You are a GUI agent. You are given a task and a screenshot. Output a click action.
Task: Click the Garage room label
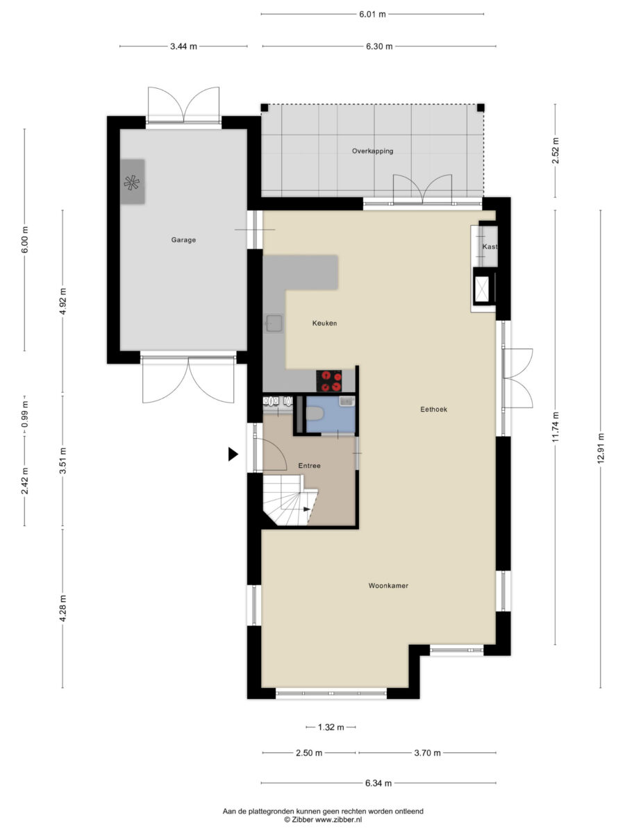click(183, 240)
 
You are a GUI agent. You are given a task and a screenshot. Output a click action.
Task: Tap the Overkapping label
click(372, 151)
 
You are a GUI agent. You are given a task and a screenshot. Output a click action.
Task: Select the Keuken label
click(324, 323)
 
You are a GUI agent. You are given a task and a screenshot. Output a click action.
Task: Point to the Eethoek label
click(434, 410)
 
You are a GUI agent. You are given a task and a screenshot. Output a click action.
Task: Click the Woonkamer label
click(388, 586)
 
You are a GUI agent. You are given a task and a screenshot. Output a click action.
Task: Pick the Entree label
click(309, 466)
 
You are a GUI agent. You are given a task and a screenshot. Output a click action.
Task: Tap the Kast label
click(490, 246)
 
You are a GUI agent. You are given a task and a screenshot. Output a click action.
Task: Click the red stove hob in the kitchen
click(329, 380)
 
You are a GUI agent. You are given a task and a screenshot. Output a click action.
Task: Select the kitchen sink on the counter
click(274, 323)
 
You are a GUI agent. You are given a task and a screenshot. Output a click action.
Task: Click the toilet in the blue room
click(314, 413)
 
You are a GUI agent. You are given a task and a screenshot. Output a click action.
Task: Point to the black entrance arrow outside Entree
click(233, 454)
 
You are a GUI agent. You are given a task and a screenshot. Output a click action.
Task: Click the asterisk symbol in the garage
click(132, 183)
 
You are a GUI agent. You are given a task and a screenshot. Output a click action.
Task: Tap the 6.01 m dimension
click(372, 15)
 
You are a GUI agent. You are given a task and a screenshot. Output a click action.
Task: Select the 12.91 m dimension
click(600, 448)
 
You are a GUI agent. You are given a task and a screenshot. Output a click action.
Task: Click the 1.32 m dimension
click(331, 727)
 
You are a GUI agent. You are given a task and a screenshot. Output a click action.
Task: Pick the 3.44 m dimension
click(183, 47)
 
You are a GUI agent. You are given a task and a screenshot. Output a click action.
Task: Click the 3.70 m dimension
click(427, 752)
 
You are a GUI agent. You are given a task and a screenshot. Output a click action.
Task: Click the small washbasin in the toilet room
click(347, 401)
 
